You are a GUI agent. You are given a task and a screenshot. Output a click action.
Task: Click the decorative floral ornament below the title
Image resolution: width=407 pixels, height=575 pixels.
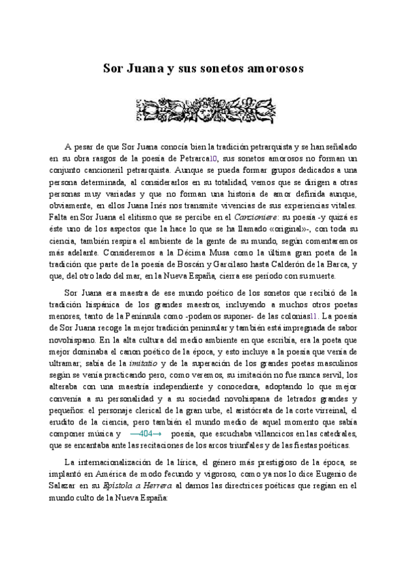click(x=203, y=107)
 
